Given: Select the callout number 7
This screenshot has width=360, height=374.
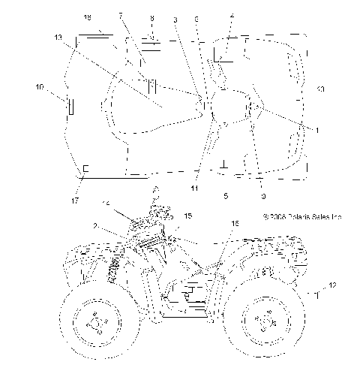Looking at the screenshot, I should [x=120, y=16].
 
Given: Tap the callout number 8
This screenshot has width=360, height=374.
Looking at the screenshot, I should [x=151, y=17].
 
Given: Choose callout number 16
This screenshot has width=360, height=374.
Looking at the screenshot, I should [x=234, y=223].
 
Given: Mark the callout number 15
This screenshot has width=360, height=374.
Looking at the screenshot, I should [x=187, y=216].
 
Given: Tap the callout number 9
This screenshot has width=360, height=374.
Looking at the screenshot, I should [x=262, y=196].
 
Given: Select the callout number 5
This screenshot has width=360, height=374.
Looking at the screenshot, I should [x=226, y=195].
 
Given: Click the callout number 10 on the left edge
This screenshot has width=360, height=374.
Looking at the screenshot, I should [x=40, y=88].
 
